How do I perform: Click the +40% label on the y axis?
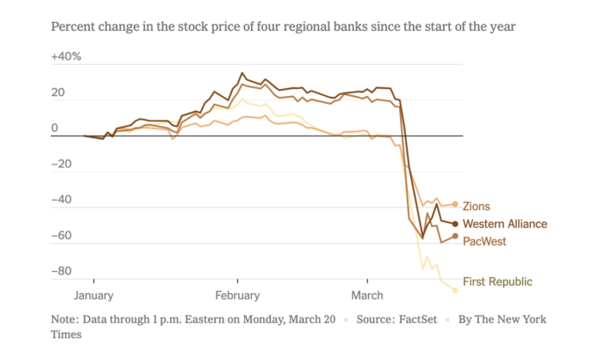(x=66, y=57)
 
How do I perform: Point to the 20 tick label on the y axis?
(x=60, y=93)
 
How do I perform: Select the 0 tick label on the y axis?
(x=55, y=129)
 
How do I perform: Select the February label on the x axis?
(x=237, y=296)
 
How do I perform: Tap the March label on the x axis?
(x=368, y=296)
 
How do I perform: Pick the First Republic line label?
(x=498, y=282)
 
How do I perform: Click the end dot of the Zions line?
(x=454, y=205)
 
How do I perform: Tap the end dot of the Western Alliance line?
(x=454, y=224)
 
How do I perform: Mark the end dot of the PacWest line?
(x=454, y=237)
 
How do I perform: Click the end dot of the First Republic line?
(x=454, y=289)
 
